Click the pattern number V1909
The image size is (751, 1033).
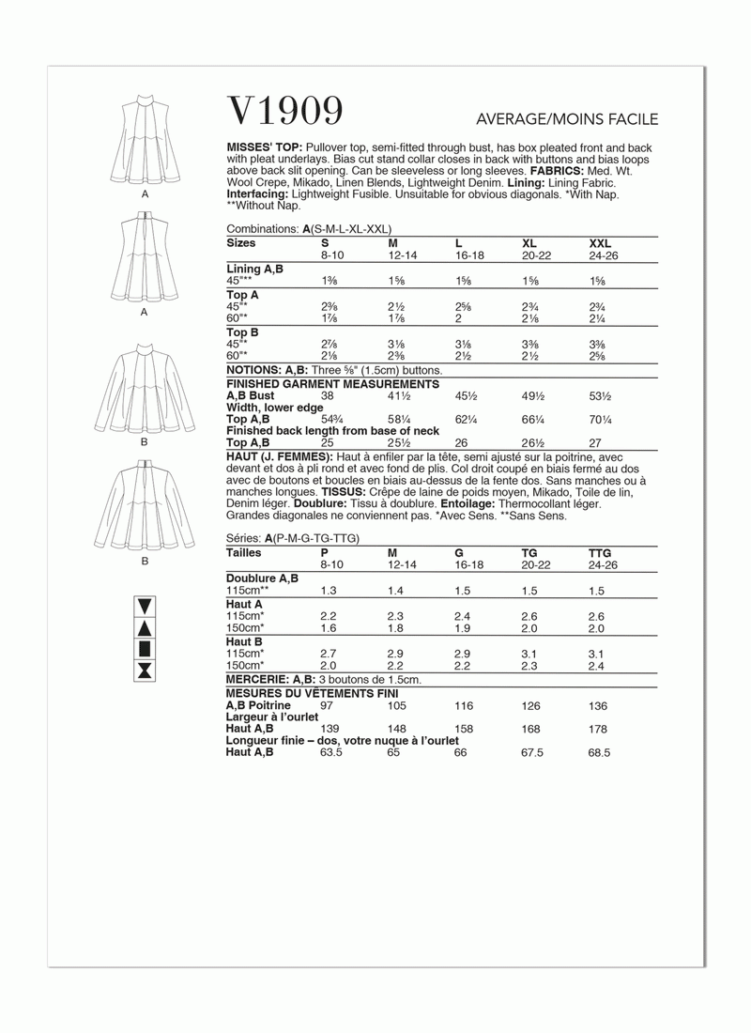click(285, 112)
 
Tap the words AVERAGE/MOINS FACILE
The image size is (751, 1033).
click(568, 119)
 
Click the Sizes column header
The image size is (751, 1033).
click(241, 242)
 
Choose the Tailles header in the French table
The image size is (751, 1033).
click(245, 554)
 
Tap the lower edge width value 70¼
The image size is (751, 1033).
click(601, 419)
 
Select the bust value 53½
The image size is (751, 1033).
click(601, 396)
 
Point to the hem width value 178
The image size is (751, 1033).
click(598, 728)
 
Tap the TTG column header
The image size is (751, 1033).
click(600, 554)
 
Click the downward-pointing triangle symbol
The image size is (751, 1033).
click(146, 605)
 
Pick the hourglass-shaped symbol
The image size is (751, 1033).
click(146, 670)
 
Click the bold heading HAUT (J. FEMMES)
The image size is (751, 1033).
click(277, 455)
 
